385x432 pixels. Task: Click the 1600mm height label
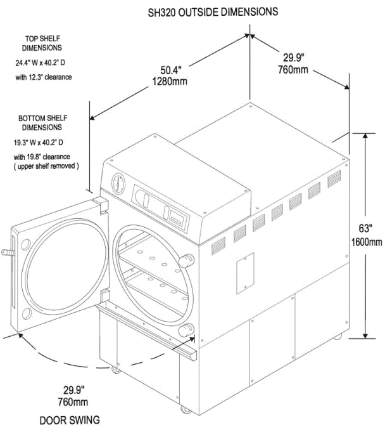(x=367, y=242)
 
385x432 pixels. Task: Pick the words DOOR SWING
(x=69, y=420)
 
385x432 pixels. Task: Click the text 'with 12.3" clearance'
(x=44, y=77)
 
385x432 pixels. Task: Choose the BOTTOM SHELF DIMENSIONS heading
(x=42, y=122)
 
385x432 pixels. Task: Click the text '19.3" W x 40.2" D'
(x=42, y=143)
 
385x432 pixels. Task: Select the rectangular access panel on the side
(x=245, y=271)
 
